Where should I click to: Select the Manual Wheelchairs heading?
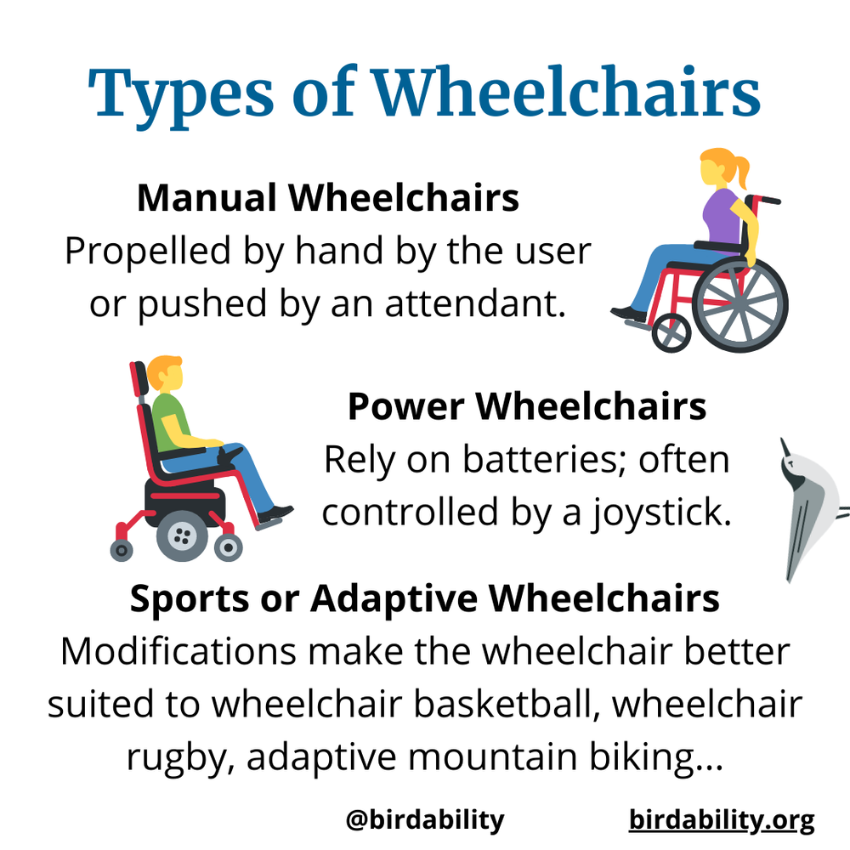[327, 198]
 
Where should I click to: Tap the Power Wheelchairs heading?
[527, 406]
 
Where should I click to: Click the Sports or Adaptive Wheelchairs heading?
[424, 598]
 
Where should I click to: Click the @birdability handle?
[424, 820]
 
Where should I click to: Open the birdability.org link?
[722, 820]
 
